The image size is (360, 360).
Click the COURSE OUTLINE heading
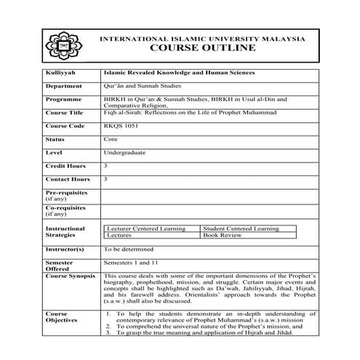201,49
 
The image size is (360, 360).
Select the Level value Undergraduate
127,154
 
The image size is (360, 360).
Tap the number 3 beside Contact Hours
106,179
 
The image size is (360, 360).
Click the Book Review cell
221,236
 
